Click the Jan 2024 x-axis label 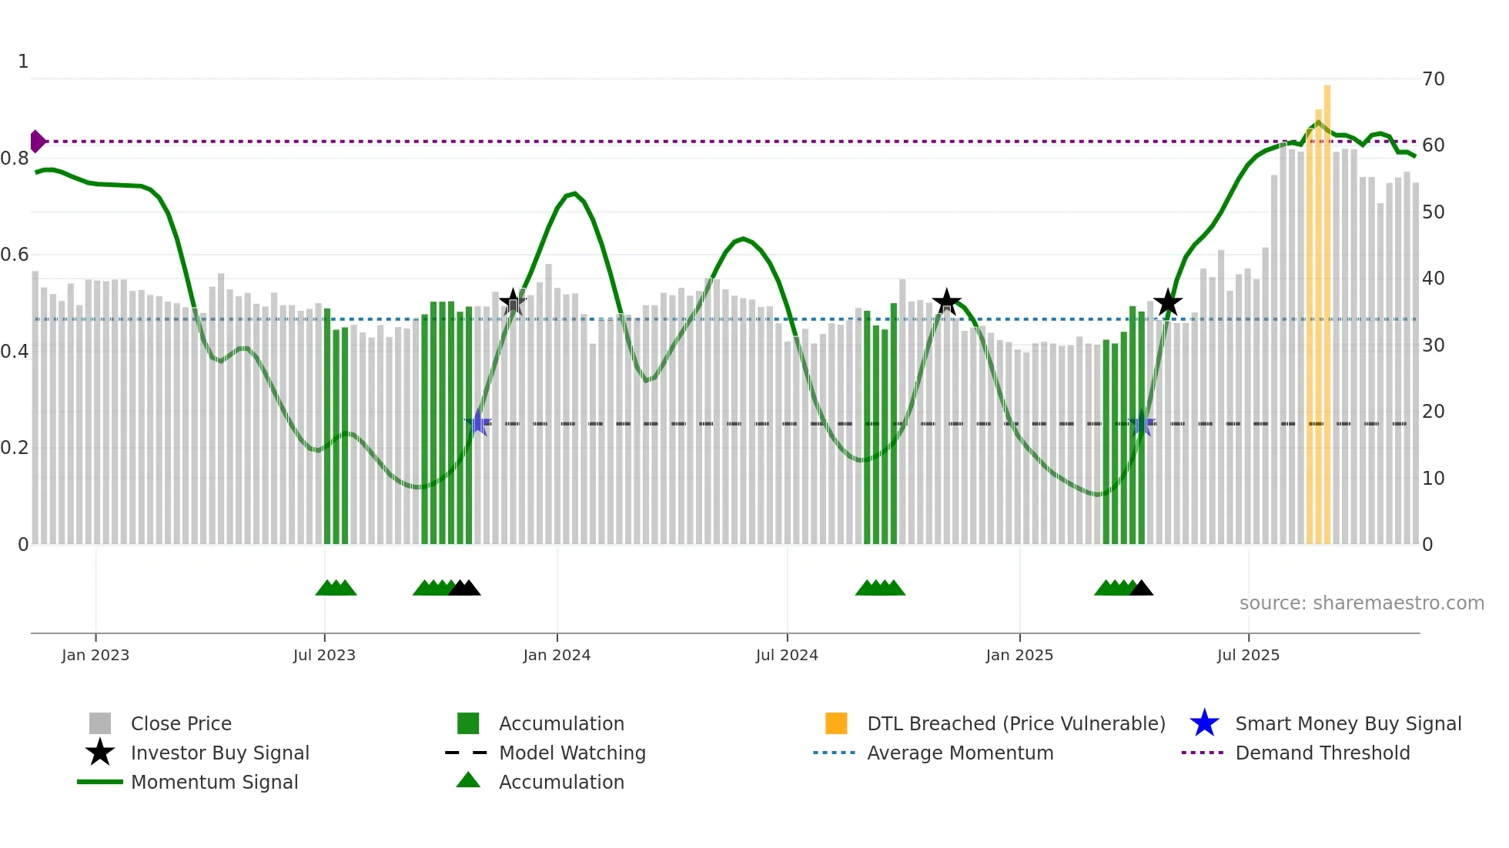coord(557,656)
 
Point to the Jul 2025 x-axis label coord(1248,656)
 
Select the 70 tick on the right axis coord(1433,79)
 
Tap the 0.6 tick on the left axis coord(15,255)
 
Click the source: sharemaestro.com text coord(1361,603)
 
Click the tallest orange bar coord(1327,308)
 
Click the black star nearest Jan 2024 coord(513,302)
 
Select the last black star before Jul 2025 coord(1167,303)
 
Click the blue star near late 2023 coord(478,422)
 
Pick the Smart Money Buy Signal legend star coord(1204,723)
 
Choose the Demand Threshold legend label coord(1322,753)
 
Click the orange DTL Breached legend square coord(836,723)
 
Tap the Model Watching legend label coord(572,753)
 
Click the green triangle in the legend coord(468,781)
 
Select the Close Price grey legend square coord(100,723)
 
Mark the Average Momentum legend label coord(960,753)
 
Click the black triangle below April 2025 coord(1141,589)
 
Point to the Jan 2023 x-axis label coord(95,656)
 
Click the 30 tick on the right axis coord(1433,346)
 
